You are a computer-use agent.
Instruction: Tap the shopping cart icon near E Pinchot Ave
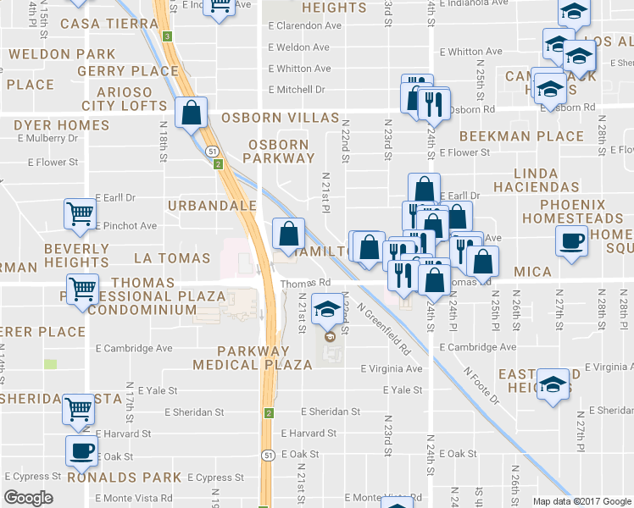tap(80, 213)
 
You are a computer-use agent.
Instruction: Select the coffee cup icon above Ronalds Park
tap(82, 450)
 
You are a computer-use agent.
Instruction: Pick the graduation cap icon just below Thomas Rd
tap(326, 308)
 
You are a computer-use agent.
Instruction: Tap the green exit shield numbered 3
tap(168, 36)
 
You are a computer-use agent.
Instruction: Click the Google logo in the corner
tap(28, 498)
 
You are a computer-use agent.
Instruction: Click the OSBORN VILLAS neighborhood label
tap(281, 118)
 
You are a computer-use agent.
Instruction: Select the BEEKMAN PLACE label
tap(521, 136)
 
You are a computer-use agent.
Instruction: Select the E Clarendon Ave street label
tap(304, 25)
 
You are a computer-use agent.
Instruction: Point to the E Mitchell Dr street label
tap(297, 90)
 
